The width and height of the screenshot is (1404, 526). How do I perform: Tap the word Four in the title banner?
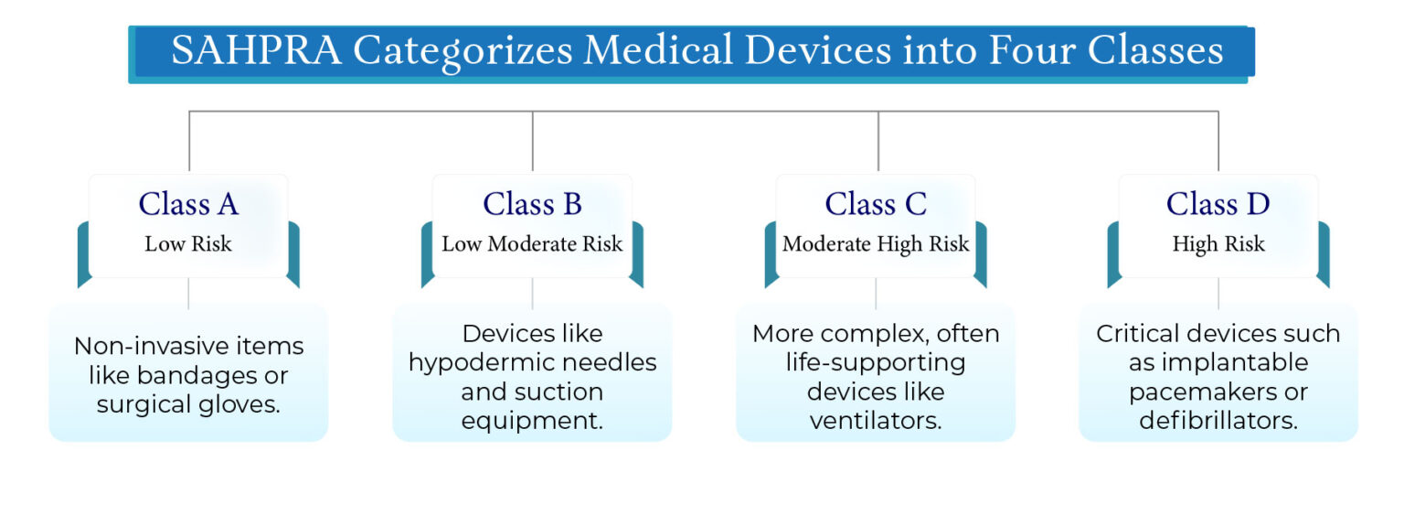pos(1023,51)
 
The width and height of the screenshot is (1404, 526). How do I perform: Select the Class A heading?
pos(188,204)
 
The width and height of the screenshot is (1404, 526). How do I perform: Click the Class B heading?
pos(532,204)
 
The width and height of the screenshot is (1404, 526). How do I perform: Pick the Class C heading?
pos(876,204)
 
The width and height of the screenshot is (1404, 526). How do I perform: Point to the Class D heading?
pos(1218,204)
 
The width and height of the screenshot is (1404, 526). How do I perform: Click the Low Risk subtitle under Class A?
pos(188,244)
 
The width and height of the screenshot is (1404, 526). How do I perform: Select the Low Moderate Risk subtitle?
pos(532,244)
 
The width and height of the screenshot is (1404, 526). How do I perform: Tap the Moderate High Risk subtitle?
pos(876,244)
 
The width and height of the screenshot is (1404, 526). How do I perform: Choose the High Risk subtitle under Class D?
pos(1218,244)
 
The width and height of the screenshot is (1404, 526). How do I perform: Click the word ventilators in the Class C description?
pos(875,421)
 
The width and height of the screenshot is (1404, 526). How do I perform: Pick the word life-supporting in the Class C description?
pos(875,362)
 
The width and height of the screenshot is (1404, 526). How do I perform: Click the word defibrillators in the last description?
pos(1218,421)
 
